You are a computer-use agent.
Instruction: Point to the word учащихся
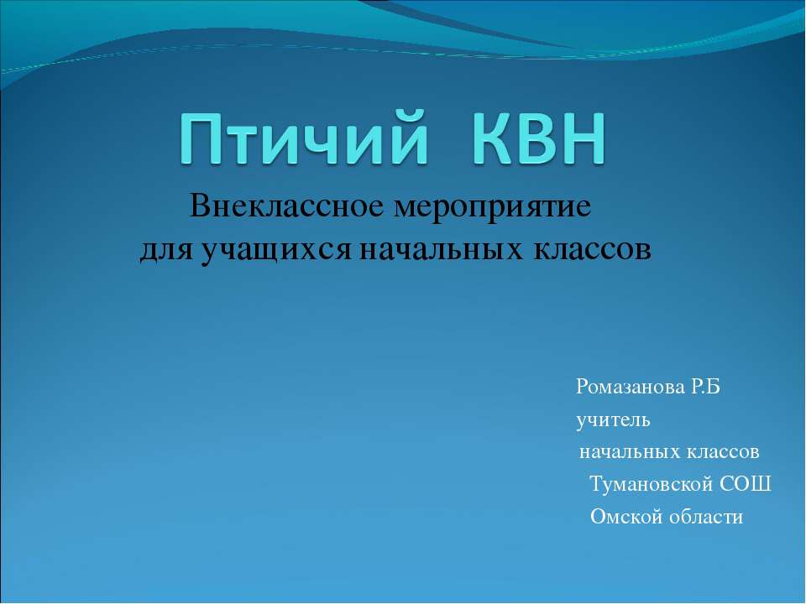pyautogui.click(x=278, y=250)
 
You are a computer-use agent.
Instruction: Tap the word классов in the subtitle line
pyautogui.click(x=590, y=249)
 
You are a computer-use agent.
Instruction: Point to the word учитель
pyautogui.click(x=612, y=419)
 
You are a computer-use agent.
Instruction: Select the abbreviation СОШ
pyautogui.click(x=749, y=485)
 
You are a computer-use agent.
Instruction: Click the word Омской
pyautogui.click(x=626, y=517)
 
